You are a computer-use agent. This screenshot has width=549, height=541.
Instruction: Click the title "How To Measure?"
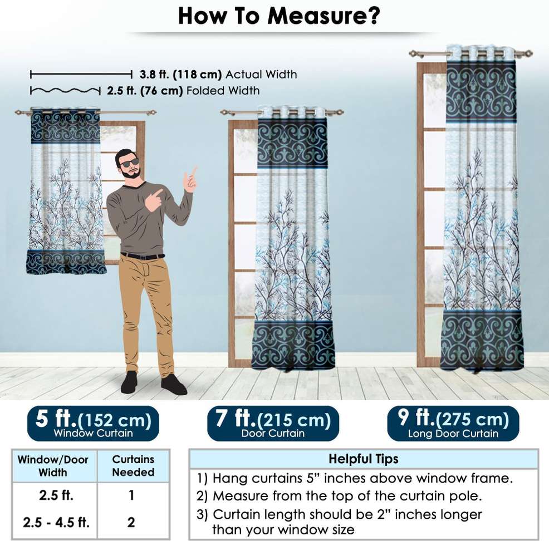(x=279, y=16)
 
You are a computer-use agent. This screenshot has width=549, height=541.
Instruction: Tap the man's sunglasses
(x=129, y=163)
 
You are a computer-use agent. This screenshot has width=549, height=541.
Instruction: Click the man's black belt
(x=143, y=256)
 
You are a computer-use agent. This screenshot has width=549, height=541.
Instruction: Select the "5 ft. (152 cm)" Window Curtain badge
(x=93, y=424)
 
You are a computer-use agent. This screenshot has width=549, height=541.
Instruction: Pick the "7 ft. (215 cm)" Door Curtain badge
(x=273, y=424)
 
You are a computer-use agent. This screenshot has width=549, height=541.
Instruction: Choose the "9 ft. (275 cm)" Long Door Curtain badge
(x=453, y=424)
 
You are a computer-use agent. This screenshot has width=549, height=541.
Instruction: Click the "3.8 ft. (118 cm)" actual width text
(x=180, y=75)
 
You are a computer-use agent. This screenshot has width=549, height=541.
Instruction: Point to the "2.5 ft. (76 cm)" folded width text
(x=145, y=91)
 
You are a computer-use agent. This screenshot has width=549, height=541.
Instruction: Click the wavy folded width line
(x=65, y=91)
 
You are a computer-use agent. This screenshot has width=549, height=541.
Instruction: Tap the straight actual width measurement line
(x=81, y=74)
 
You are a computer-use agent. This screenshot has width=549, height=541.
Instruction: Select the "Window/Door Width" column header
(x=53, y=466)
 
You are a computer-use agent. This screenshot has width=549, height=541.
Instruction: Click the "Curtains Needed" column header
(x=133, y=466)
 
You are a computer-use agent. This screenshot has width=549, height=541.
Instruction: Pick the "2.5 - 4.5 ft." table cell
(x=56, y=523)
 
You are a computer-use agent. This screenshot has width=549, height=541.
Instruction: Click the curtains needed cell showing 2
(x=131, y=523)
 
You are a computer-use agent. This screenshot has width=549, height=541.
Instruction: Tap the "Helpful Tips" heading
(x=364, y=459)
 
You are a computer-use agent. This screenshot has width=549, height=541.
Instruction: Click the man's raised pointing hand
(x=190, y=179)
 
